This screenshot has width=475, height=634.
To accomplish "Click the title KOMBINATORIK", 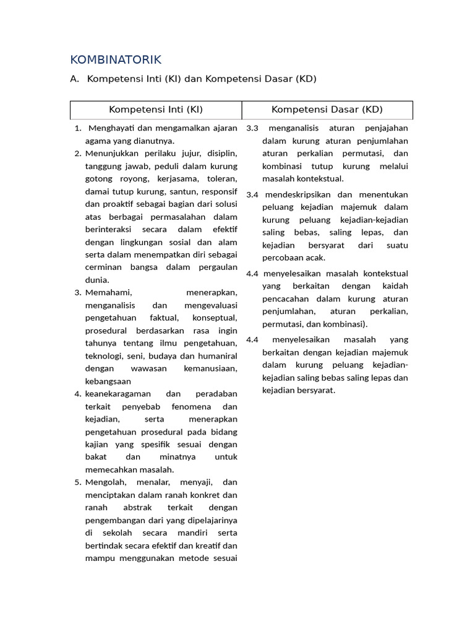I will tap(116, 59).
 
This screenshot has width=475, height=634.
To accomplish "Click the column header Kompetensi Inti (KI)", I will tap(156, 110).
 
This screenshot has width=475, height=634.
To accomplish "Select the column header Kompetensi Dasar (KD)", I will tap(327, 110).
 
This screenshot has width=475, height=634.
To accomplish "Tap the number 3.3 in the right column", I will tap(252, 128).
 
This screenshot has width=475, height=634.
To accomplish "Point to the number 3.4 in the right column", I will tap(252, 194).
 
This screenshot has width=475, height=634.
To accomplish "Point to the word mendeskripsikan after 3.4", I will tap(299, 194).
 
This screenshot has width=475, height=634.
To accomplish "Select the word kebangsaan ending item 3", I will tap(108, 381).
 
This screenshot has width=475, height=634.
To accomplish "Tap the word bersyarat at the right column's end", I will tap(315, 390).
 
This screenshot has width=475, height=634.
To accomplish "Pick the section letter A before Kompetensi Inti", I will tap(74, 79).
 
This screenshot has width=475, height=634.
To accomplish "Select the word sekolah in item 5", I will tap(116, 532).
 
